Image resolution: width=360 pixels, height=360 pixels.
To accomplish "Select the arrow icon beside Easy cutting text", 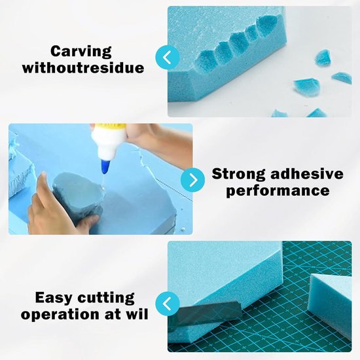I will [168, 304].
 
